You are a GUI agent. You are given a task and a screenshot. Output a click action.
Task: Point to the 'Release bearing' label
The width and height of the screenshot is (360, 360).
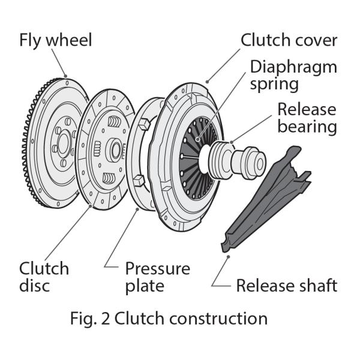click(307, 118)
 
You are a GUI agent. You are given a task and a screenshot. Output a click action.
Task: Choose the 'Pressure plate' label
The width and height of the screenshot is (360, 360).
click(157, 277)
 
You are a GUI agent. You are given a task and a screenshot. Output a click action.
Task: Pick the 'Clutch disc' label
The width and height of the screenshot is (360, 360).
click(44, 277)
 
